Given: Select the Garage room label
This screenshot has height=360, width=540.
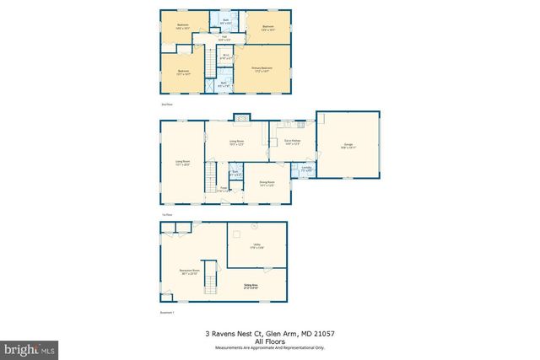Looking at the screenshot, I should coord(349,146).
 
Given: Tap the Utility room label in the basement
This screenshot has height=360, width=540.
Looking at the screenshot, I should coord(256,246).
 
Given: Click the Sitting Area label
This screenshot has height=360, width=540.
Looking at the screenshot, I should coord(250,287).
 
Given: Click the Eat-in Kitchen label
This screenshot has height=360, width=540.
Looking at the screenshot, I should coord(293,142).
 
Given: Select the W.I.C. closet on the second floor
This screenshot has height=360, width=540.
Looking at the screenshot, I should coord(225,57).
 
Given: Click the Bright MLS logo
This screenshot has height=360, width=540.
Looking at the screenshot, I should coord(29,347).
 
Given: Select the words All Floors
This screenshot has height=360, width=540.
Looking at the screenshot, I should coord(270,341).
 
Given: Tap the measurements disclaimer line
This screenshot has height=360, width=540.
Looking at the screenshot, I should coord(270,347).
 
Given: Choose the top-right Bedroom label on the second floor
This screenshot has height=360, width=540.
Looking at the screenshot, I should coord(268,28).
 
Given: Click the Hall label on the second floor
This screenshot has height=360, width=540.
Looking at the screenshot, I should coord(225,38).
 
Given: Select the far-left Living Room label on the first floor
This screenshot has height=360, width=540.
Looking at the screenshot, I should coord(182,162).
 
